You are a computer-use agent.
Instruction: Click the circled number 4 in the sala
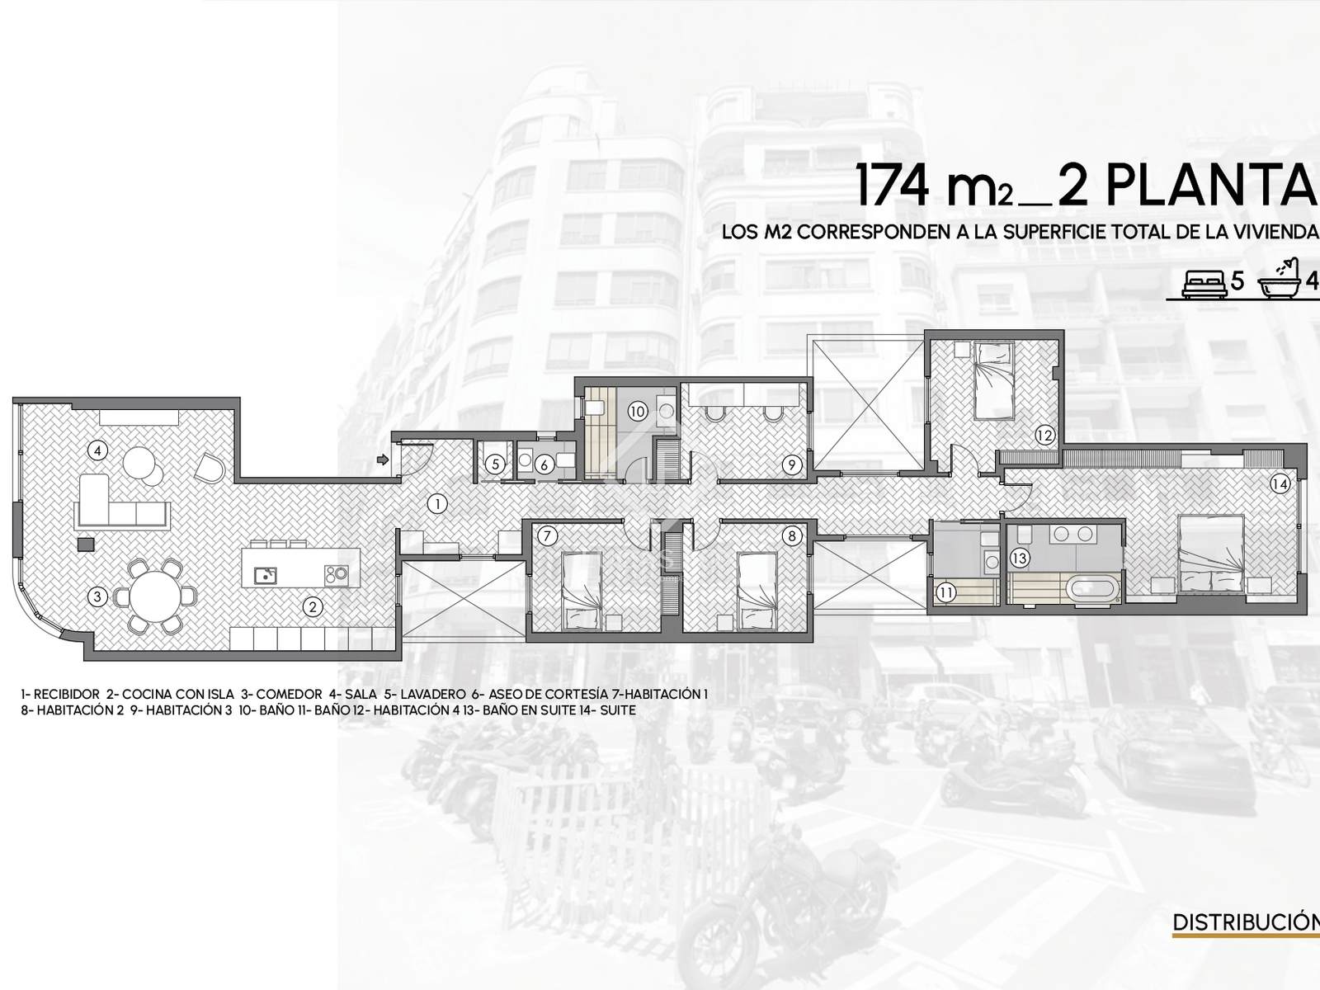click(97, 450)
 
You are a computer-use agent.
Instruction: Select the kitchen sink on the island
click(265, 576)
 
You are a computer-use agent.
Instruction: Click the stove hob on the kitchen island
click(336, 576)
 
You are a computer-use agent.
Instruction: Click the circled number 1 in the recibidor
click(437, 504)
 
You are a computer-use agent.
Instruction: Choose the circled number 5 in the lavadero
click(496, 464)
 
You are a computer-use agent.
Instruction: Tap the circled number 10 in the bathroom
click(637, 412)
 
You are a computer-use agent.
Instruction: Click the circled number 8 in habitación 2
click(791, 536)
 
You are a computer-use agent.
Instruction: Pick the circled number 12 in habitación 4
click(1044, 436)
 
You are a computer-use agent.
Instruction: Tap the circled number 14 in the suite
click(1280, 484)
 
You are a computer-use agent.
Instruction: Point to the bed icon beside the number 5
click(1204, 283)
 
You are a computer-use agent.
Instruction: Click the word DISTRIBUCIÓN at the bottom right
click(1246, 922)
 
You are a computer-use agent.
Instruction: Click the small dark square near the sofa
click(86, 544)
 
